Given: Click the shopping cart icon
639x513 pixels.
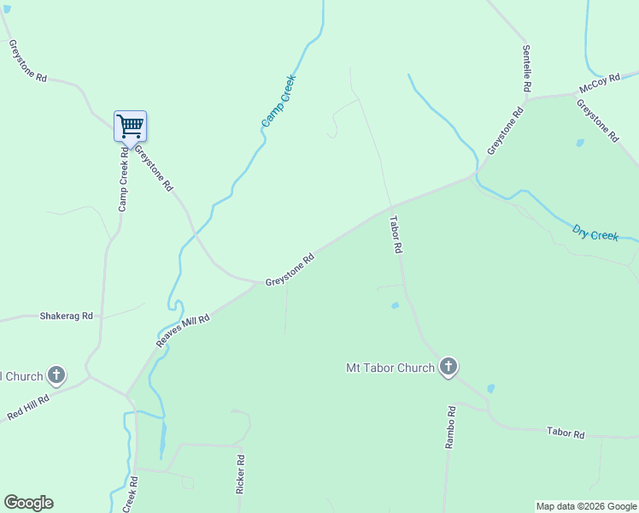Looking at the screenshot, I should point(131,127).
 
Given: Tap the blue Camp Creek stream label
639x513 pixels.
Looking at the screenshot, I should point(278,102).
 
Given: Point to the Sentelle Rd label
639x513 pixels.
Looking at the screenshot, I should point(527,68).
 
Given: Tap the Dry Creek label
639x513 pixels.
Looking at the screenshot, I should point(595,233).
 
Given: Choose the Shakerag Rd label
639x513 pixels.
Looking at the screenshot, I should point(66,315).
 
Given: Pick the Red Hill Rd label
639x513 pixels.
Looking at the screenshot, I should point(29,405).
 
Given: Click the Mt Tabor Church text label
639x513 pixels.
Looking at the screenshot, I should point(390,369).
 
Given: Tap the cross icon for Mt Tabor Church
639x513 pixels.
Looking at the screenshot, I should point(448,368).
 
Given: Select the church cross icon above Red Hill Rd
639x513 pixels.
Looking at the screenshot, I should point(56,374).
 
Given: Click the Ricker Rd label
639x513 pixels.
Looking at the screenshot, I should point(241,471).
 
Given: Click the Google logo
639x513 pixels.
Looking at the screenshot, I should point(28,502).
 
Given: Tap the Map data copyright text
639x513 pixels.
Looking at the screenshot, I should point(586,506).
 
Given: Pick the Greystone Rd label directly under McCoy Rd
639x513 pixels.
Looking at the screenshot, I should point(596,121).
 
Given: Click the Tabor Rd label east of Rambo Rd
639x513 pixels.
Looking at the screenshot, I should point(566,433).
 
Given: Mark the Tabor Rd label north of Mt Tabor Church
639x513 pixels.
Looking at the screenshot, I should point(395,234).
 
